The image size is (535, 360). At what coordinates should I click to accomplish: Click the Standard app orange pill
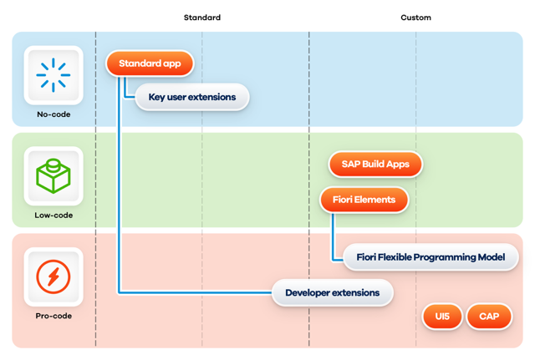[x=150, y=63]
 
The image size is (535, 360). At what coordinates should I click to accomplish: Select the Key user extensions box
[x=192, y=97]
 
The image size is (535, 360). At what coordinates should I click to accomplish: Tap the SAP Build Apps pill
[x=375, y=165]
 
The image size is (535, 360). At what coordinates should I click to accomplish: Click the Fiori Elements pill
[x=364, y=200]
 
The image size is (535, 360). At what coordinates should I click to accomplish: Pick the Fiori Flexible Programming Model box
[x=431, y=257]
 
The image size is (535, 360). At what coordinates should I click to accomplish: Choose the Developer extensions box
[x=333, y=293]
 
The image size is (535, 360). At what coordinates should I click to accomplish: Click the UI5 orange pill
[x=442, y=317]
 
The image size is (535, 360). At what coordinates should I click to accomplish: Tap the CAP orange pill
[x=489, y=317]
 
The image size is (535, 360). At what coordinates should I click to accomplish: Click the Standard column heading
[x=202, y=18]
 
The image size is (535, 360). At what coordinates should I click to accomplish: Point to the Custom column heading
[x=416, y=18]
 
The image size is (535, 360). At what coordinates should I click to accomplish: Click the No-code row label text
[x=53, y=114]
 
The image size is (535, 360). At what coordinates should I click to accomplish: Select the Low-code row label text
[x=53, y=215]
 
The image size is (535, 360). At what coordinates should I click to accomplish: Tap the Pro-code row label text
[x=53, y=316]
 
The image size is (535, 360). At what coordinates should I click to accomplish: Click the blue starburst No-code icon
[x=53, y=75]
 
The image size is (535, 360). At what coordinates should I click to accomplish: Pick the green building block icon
[x=53, y=176]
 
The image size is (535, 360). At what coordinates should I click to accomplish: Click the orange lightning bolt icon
[x=53, y=276]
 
